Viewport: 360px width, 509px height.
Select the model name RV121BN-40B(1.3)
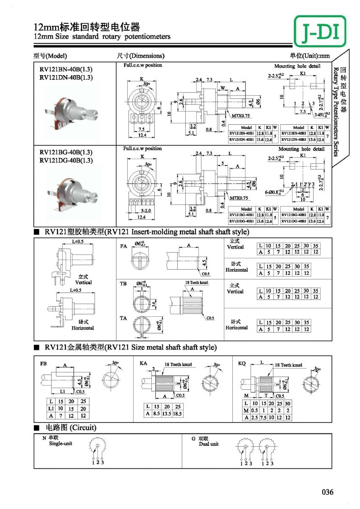point(66,70)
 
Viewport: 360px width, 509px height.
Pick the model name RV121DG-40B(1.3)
point(66,160)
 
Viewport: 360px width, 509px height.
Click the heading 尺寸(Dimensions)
point(140,56)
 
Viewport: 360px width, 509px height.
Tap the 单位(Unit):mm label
point(310,56)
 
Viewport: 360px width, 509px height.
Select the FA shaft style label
point(124,246)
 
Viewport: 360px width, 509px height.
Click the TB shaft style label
point(124,283)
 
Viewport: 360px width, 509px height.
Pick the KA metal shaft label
point(143,364)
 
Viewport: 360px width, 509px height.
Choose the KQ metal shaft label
point(242,364)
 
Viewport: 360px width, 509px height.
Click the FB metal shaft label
point(43,364)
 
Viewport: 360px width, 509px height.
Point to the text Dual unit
point(209,444)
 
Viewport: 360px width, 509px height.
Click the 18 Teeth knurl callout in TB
point(196,282)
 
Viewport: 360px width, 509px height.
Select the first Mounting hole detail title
point(297,66)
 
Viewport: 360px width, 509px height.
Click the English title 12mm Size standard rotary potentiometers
point(102,36)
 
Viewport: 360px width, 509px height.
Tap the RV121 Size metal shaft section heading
point(131,347)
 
